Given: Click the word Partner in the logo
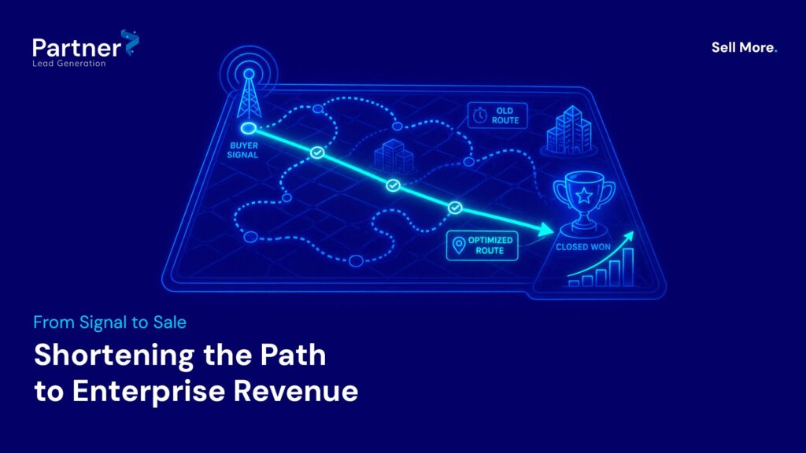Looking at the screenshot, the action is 76,48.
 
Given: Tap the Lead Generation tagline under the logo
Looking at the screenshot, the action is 69,63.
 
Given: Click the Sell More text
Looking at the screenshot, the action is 744,47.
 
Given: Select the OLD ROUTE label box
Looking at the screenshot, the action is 497,116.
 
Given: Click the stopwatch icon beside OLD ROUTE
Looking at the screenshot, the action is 479,115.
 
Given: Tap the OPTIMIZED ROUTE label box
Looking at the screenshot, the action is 482,245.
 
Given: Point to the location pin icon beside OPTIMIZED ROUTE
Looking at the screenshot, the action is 459,245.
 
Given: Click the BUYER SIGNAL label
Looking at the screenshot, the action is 243,150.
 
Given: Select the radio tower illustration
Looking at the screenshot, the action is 249,93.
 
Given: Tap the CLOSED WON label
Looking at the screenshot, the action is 583,247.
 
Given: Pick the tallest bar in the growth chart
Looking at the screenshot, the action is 627,267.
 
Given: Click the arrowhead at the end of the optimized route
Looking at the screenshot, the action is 545,230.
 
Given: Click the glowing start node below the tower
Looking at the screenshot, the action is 249,128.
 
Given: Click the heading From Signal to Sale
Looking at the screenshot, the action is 110,322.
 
